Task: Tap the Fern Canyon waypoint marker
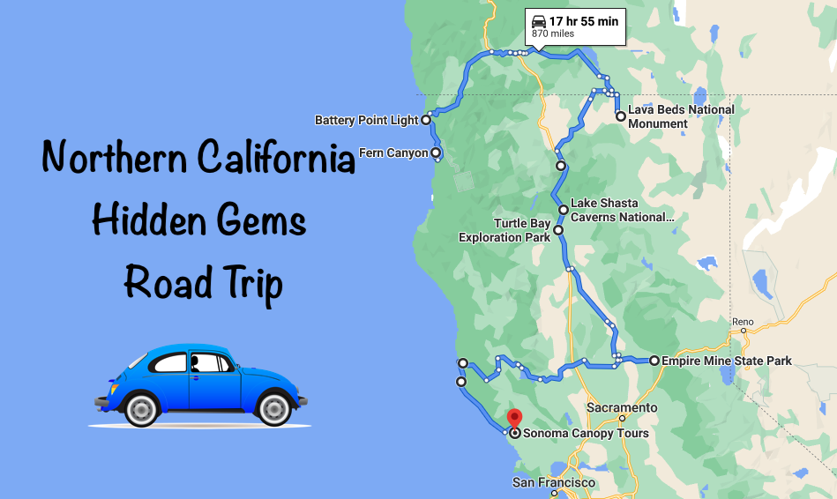pyautogui.click(x=437, y=153)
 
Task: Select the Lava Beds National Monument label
pyautogui.click(x=680, y=116)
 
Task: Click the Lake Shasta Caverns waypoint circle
pyautogui.click(x=564, y=209)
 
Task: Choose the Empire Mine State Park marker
pyautogui.click(x=654, y=360)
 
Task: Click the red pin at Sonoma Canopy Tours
pyautogui.click(x=514, y=417)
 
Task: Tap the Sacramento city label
pyautogui.click(x=623, y=408)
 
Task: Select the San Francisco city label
pyautogui.click(x=554, y=483)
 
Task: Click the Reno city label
pyautogui.click(x=743, y=322)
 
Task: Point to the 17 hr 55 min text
pyautogui.click(x=584, y=20)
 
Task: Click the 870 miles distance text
pyautogui.click(x=552, y=34)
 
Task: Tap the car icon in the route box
pyautogui.click(x=537, y=20)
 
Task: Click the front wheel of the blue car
pyautogui.click(x=141, y=408)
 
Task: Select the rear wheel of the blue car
pyautogui.click(x=273, y=408)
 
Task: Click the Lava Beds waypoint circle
pyautogui.click(x=621, y=115)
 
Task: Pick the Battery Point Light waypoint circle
pyautogui.click(x=426, y=119)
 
